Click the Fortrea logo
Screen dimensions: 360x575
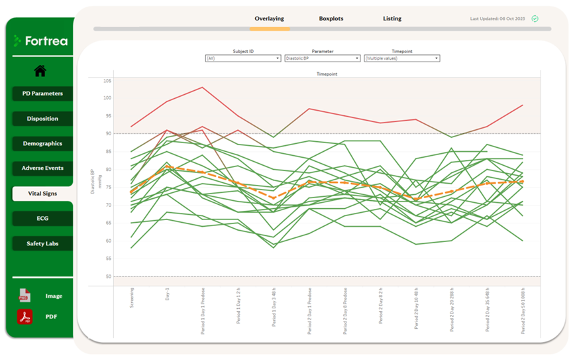40,41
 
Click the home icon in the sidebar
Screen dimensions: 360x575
40,71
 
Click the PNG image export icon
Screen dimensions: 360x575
25,296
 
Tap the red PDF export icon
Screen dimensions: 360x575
25,317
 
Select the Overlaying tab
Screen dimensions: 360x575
270,19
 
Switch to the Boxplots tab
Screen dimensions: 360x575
331,19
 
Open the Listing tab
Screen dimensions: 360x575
392,19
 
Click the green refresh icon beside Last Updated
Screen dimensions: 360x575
535,19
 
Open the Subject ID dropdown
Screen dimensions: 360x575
243,58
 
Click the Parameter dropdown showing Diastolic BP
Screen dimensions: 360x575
322,58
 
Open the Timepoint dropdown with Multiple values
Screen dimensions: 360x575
401,58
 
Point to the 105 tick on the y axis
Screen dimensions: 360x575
107,80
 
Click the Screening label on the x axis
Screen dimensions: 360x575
132,298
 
